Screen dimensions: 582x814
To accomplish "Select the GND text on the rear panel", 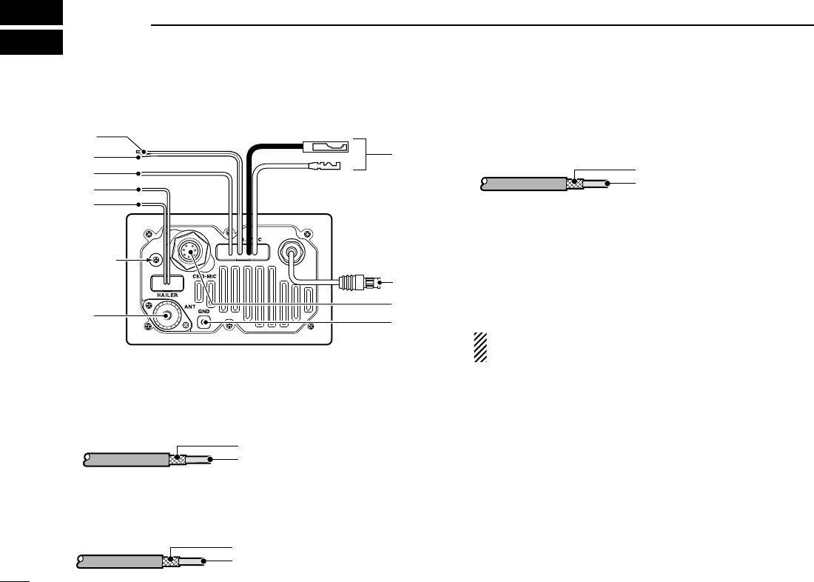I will pyautogui.click(x=205, y=312).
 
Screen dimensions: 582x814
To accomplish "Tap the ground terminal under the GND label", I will pyautogui.click(x=205, y=323).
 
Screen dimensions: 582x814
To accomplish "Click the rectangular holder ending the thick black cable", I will pyautogui.click(x=325, y=146).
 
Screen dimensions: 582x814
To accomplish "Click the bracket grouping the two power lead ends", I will pyautogui.click(x=363, y=154).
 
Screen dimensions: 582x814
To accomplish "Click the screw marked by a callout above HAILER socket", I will pyautogui.click(x=156, y=259).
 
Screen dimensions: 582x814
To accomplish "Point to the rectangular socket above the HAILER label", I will pyautogui.click(x=167, y=282).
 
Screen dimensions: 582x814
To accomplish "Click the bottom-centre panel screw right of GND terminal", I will pyautogui.click(x=230, y=327).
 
